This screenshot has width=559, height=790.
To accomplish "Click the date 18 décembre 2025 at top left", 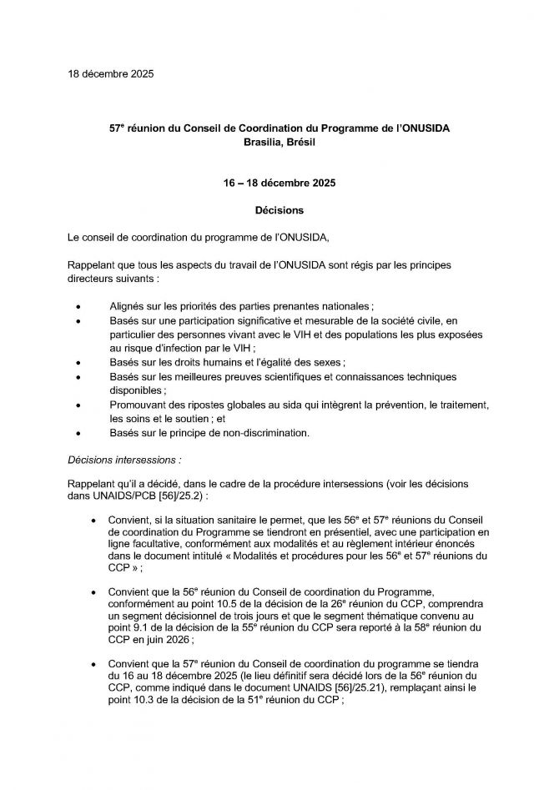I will pyautogui.click(x=110, y=74).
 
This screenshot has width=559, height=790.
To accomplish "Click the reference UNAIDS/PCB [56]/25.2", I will pyautogui.click(x=141, y=496).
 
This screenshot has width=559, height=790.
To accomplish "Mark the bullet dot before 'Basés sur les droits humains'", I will pyautogui.click(x=78, y=364).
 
